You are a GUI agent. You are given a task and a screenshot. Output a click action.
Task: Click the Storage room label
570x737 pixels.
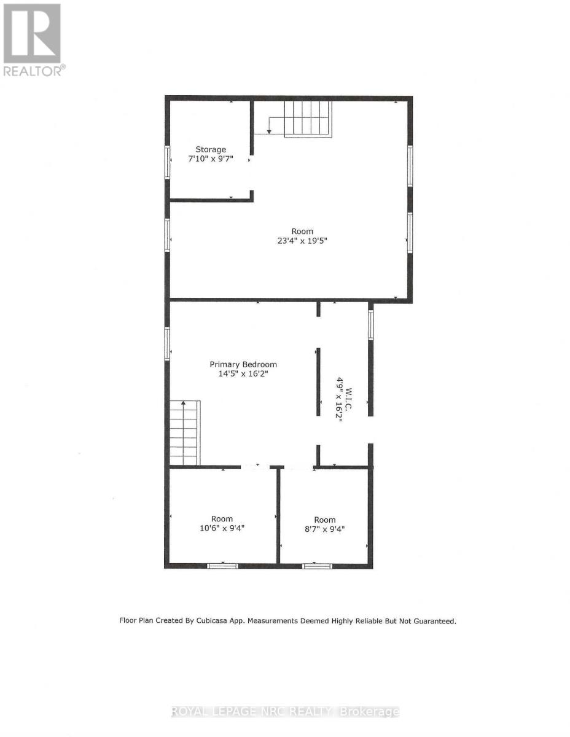[211, 149]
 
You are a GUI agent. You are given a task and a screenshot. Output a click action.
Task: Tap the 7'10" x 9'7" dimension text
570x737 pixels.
[211, 159]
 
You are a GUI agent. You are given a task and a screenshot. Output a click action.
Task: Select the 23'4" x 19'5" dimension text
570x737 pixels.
[302, 241]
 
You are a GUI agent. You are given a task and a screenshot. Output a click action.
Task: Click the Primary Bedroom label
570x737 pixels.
[243, 364]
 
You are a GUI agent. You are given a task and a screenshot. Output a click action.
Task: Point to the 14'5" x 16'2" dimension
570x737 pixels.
[243, 374]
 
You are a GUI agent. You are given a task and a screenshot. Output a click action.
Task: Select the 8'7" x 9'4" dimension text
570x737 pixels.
[325, 529]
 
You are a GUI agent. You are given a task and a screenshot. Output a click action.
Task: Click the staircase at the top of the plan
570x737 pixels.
[307, 118]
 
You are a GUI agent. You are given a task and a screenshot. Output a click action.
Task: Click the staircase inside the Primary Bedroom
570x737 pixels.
[185, 434]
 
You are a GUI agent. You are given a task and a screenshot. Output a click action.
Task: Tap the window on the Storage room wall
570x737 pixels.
[167, 162]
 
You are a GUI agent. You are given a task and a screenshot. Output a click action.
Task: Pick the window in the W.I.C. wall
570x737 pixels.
[370, 325]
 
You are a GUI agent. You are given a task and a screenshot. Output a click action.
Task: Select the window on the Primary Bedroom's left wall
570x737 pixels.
[167, 343]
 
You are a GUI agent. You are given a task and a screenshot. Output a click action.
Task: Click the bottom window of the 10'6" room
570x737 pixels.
[222, 566]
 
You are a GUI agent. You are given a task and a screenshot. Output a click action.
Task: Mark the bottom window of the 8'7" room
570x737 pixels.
[317, 566]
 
